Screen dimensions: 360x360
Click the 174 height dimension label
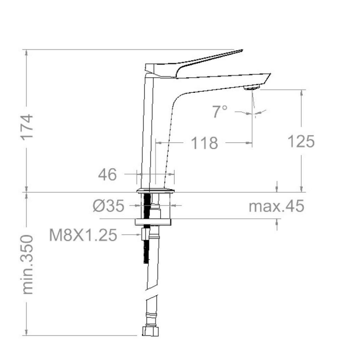tap(27, 126)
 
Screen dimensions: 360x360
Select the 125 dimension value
tap(301, 141)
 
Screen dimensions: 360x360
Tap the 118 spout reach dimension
tap(205, 143)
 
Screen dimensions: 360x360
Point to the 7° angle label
tap(220, 112)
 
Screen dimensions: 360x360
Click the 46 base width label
tap(107, 174)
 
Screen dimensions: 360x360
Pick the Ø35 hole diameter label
tap(108, 206)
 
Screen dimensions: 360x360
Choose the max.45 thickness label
tap(277, 206)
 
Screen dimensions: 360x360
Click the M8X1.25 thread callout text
tap(83, 235)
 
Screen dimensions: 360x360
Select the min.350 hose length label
tap(27, 264)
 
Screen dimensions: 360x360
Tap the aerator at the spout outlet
tap(252, 87)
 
